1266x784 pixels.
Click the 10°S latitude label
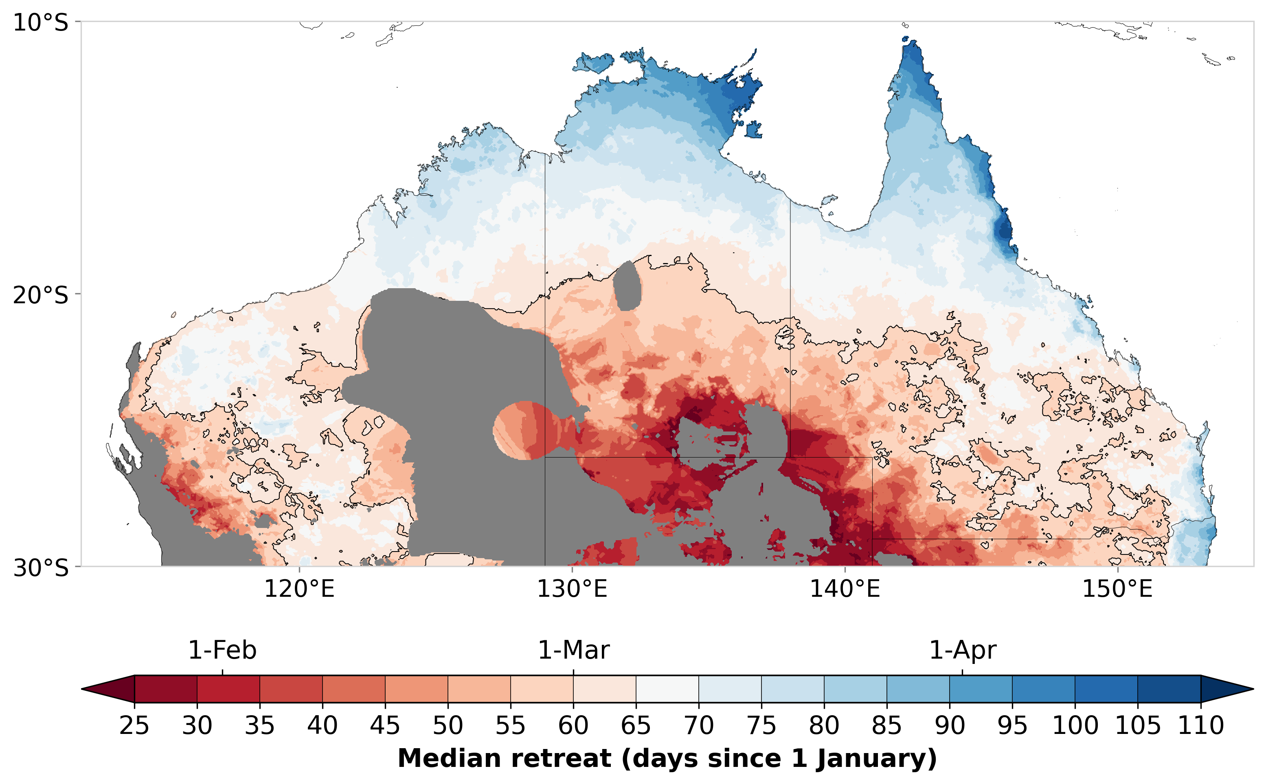[x=40, y=23]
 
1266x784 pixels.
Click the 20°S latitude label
[x=40, y=295]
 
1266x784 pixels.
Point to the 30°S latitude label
[x=40, y=568]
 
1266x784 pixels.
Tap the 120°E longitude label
[x=299, y=589]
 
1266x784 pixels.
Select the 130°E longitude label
[x=572, y=589]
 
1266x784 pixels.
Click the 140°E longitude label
[x=845, y=589]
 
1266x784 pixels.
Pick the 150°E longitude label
[x=1117, y=589]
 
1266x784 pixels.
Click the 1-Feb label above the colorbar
[x=222, y=650]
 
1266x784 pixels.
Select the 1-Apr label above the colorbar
[x=962, y=650]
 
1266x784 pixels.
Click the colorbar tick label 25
[x=134, y=725]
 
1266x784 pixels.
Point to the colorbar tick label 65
[x=636, y=725]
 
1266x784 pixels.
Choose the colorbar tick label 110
[x=1201, y=725]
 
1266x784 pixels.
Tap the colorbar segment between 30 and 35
[x=228, y=689]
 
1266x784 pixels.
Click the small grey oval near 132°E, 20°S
[x=627, y=287]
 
